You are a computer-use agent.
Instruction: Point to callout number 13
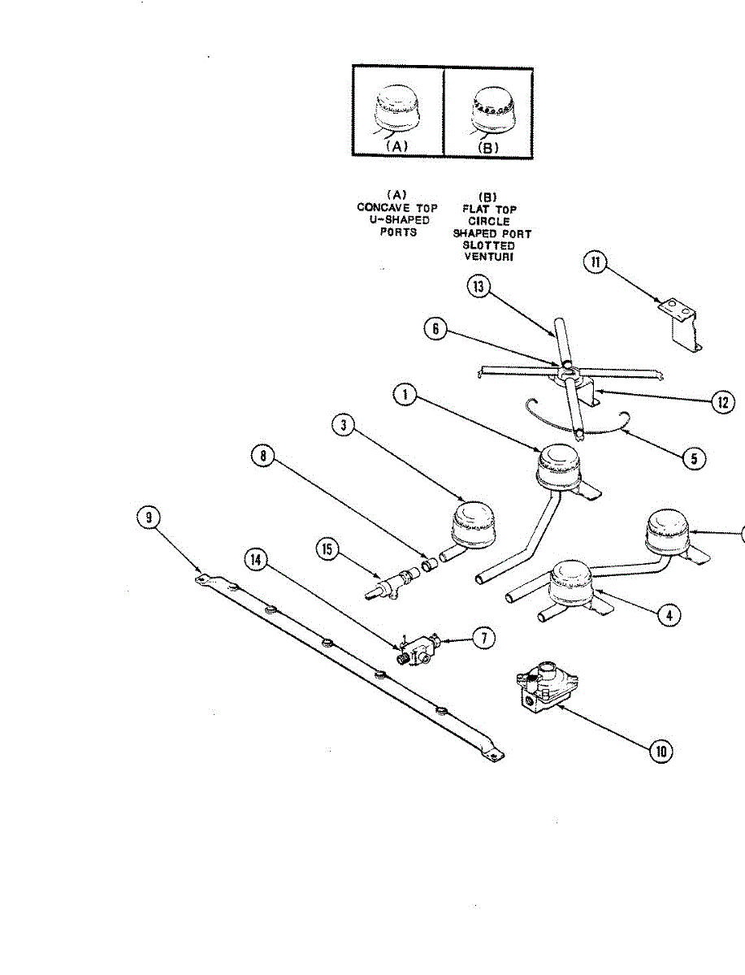point(480,288)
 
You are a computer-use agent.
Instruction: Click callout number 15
point(327,550)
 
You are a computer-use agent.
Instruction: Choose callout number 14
point(257,558)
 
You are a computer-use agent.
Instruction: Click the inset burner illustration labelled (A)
point(396,112)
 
